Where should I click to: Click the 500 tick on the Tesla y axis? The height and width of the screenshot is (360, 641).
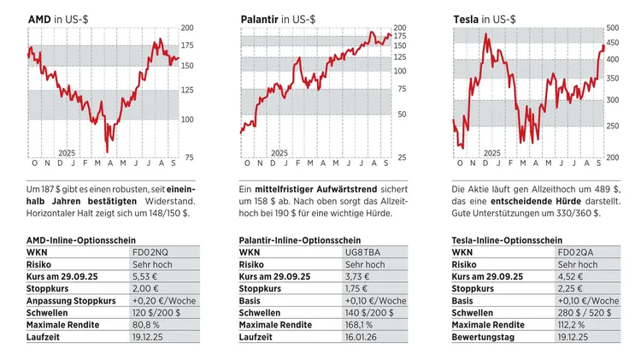click(612, 28)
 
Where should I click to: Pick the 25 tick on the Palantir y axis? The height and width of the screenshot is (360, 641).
click(401, 157)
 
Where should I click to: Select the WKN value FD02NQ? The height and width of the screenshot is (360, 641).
click(150, 253)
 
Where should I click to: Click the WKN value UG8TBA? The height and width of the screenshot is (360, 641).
click(360, 253)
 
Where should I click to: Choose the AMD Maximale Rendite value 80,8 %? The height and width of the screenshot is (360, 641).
click(146, 325)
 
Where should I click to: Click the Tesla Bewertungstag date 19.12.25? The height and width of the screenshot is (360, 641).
click(574, 337)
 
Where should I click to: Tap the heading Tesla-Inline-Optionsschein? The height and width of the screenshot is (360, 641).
click(508, 241)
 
